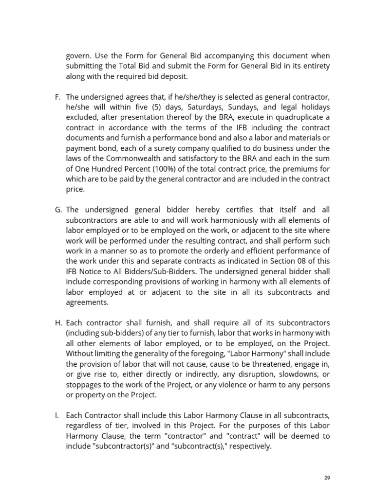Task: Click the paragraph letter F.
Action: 57,97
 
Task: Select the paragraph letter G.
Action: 58,210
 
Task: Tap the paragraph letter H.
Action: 58,323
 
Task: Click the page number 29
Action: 327,478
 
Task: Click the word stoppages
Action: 84,385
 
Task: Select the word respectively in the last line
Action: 248,445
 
